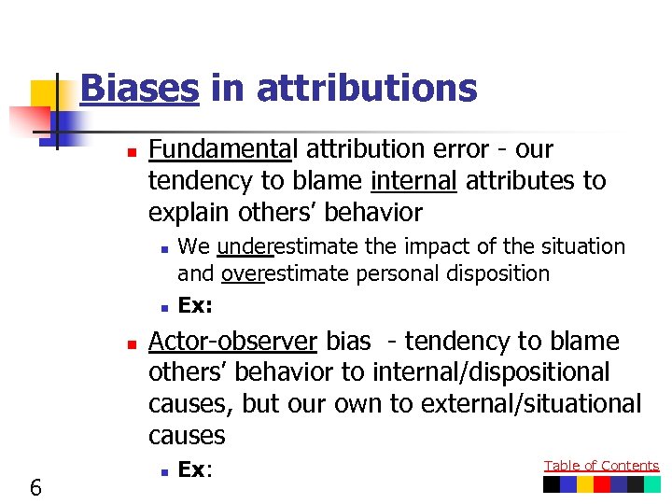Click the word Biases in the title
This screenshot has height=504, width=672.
pos(139,89)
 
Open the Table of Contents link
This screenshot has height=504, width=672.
pos(601,466)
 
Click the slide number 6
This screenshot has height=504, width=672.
pos(35,486)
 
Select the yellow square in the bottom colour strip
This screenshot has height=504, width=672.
pos(585,484)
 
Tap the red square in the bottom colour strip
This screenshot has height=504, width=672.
pos(602,484)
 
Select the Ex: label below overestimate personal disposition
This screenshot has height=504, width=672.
pos(195,304)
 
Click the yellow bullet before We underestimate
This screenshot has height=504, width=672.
pos(162,248)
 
